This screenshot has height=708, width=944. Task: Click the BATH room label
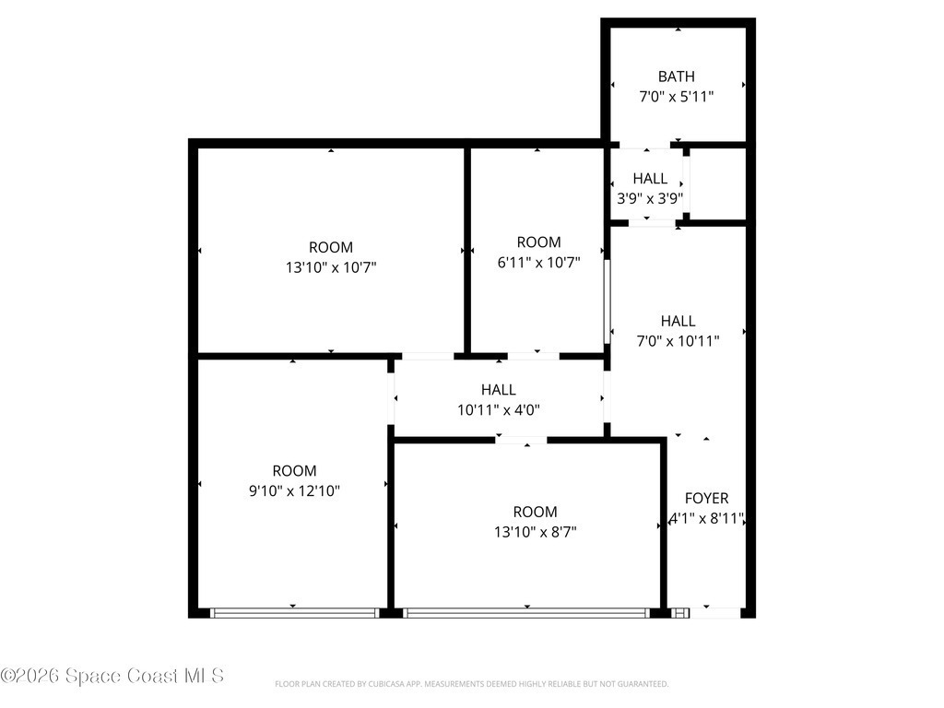pyautogui.click(x=676, y=77)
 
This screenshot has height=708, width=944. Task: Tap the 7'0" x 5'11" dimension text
pyautogui.click(x=676, y=96)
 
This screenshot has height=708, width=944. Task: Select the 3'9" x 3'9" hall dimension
pyautogui.click(x=650, y=198)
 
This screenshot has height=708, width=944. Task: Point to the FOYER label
pyautogui.click(x=707, y=498)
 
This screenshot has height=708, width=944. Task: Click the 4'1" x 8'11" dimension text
pyautogui.click(x=707, y=518)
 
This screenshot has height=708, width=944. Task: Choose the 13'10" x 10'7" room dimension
pyautogui.click(x=331, y=266)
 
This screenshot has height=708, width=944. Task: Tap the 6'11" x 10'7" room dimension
pyautogui.click(x=538, y=262)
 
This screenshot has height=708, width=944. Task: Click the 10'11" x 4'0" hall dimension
pyautogui.click(x=499, y=410)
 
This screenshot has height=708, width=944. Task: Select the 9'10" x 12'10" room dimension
pyautogui.click(x=294, y=490)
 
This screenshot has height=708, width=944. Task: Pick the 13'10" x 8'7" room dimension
pyautogui.click(x=536, y=532)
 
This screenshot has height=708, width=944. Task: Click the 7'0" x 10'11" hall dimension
pyautogui.click(x=678, y=341)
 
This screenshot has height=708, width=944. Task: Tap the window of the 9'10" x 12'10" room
pyautogui.click(x=294, y=613)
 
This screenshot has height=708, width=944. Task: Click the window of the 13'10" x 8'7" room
pyautogui.click(x=526, y=613)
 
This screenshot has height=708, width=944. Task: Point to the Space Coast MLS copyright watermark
pyautogui.click(x=112, y=676)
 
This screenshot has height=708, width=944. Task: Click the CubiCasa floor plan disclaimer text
pyautogui.click(x=471, y=684)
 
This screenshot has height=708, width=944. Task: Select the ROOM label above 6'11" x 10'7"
pyautogui.click(x=538, y=242)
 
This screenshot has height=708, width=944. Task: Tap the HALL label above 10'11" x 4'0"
pyautogui.click(x=499, y=390)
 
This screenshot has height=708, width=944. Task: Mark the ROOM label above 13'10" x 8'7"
pyautogui.click(x=536, y=512)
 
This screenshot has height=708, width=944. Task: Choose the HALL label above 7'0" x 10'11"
pyautogui.click(x=678, y=321)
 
